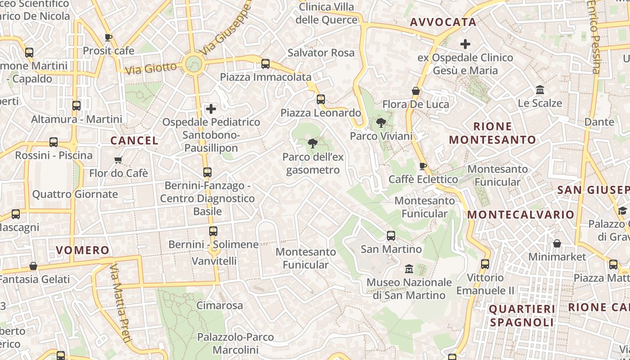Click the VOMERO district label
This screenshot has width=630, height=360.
point(82,250)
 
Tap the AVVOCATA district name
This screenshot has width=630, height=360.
point(436,22)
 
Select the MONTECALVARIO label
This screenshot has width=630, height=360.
point(521,215)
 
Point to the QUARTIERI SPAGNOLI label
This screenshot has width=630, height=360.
point(522,315)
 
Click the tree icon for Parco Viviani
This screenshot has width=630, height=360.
point(381,122)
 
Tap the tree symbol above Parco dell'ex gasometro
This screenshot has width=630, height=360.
point(312,144)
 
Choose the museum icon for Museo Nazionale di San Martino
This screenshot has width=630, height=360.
point(409,269)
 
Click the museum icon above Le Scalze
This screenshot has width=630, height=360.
point(540,90)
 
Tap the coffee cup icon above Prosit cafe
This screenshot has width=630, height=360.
point(108,37)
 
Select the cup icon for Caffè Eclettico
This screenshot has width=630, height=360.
point(423,166)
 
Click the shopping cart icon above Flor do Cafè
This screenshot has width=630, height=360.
point(118,160)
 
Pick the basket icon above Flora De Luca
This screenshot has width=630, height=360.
point(416,91)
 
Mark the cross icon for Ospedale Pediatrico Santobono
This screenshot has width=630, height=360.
point(211,109)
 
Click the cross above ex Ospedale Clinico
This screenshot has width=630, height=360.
point(465,44)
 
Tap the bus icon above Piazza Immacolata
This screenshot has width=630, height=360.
point(265,64)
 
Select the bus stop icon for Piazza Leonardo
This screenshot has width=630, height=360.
point(321,99)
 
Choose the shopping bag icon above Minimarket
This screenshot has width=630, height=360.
point(557,243)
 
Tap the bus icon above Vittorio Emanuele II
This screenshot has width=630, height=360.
point(485,264)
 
